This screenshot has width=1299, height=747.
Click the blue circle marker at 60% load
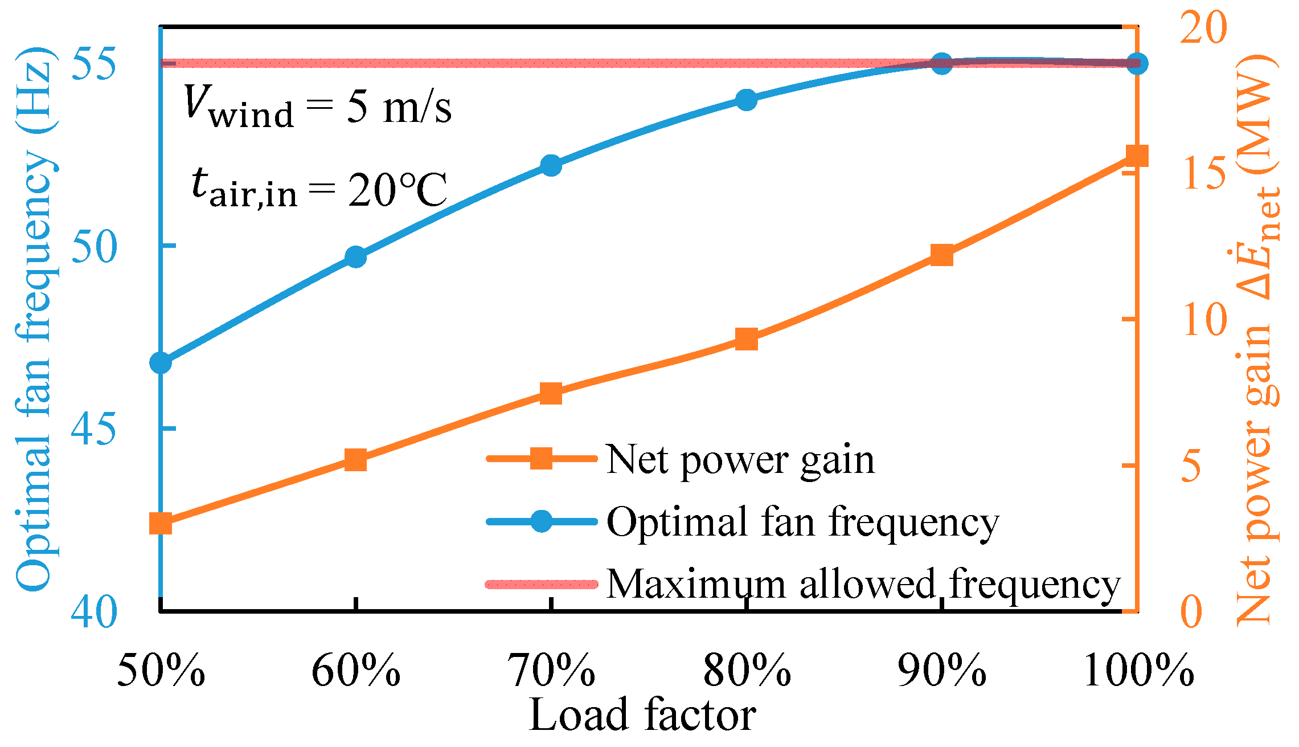click(x=356, y=257)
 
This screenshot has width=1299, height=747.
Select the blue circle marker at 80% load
click(x=746, y=100)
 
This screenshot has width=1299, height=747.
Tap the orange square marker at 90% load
click(x=942, y=256)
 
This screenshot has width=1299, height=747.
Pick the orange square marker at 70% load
click(x=551, y=394)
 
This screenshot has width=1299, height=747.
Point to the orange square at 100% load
click(x=1137, y=156)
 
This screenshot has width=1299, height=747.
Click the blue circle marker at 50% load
click(x=161, y=362)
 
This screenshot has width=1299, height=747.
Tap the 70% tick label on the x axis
click(x=551, y=671)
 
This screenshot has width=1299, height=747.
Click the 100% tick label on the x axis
click(x=1138, y=671)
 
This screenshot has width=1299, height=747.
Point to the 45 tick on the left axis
click(x=94, y=429)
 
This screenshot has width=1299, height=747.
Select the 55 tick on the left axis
click(x=94, y=64)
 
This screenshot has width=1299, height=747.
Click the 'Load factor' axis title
click(x=642, y=716)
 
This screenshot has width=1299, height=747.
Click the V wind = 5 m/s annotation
click(x=318, y=107)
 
